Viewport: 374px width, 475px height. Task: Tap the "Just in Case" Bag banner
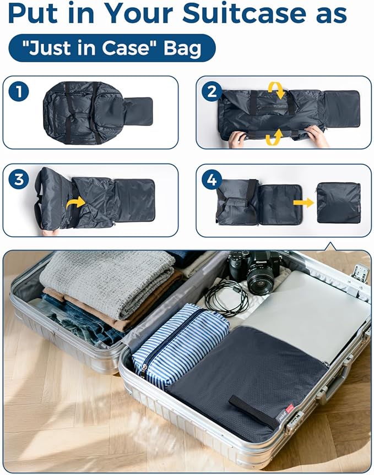coord(112,48)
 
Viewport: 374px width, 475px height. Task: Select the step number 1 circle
coord(19,91)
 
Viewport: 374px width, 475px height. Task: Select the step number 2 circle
coord(212,91)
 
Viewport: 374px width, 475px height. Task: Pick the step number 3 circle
coord(19,179)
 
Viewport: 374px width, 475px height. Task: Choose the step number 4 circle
coord(212,179)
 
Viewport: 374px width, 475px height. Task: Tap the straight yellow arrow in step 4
coord(303,203)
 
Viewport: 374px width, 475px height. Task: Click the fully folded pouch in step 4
coord(339,203)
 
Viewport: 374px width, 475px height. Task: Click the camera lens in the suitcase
coord(260,282)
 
